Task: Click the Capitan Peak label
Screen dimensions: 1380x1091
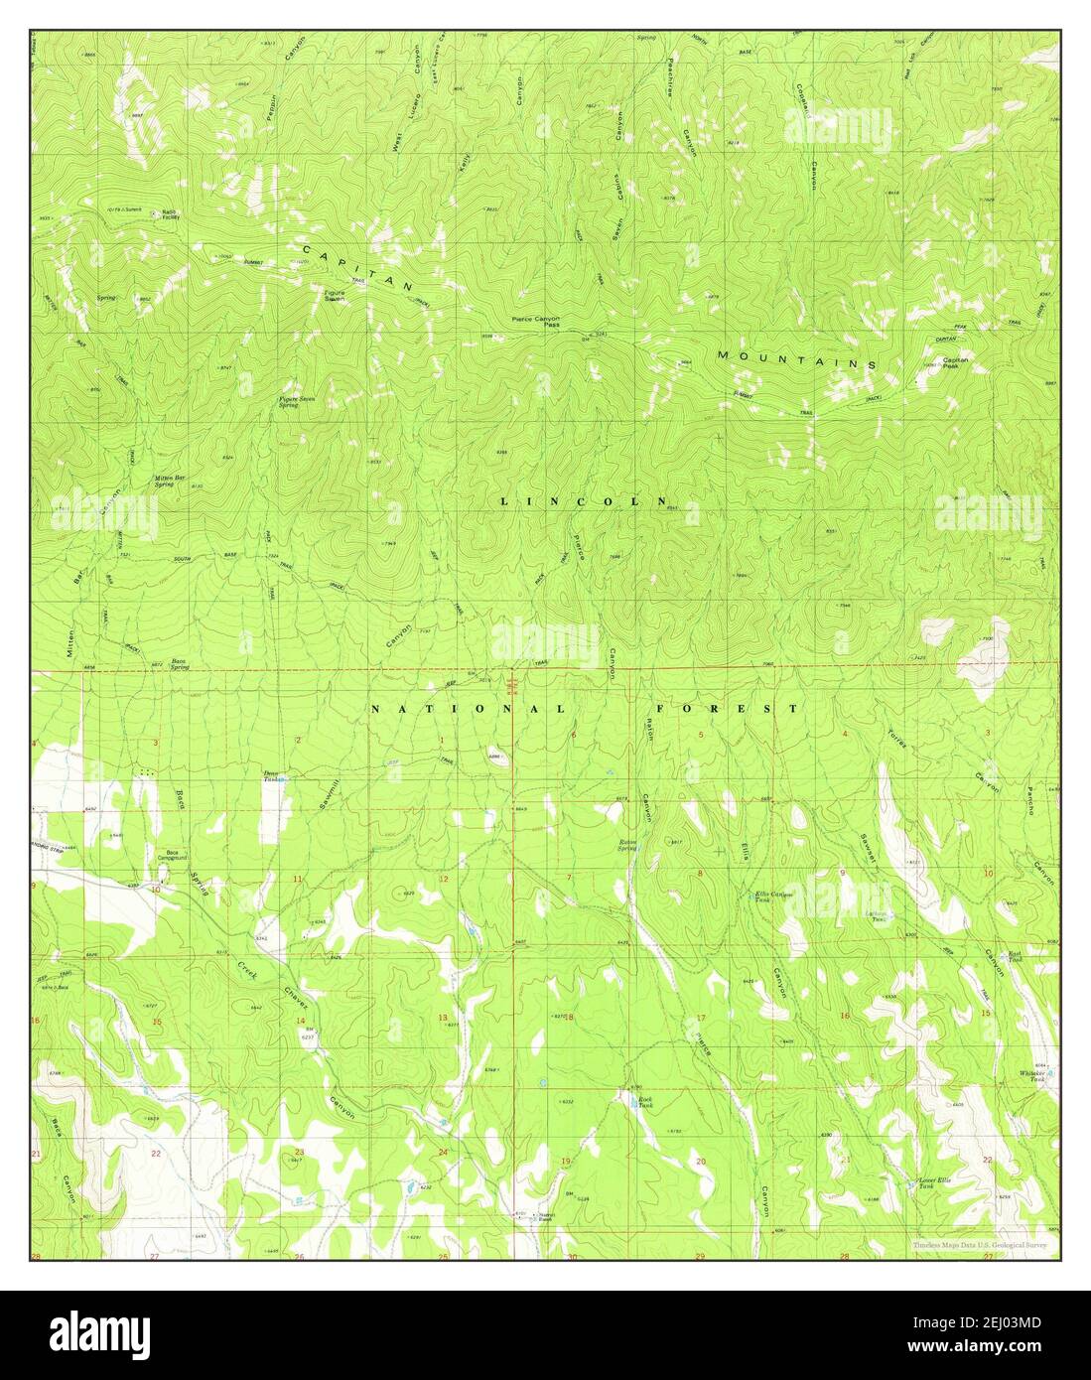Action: [x=955, y=362]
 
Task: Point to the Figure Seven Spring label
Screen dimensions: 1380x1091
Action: [x=289, y=402]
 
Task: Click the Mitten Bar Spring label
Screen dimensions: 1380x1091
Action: [x=170, y=481]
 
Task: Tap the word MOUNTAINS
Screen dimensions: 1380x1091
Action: [x=796, y=359]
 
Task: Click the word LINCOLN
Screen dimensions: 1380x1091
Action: [x=584, y=502]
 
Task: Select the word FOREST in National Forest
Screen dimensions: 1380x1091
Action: [x=751, y=709]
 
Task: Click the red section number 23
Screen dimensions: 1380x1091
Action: [x=299, y=1152]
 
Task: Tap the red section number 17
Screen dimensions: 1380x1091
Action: [x=700, y=1019]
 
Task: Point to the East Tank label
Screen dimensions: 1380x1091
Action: [x=1015, y=958]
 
